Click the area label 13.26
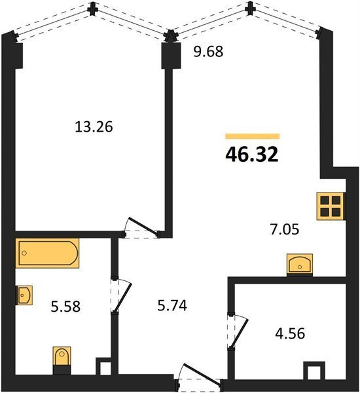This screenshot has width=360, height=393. tap(94, 126)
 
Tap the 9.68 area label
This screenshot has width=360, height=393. tap(208, 52)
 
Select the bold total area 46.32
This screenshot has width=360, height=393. tap(252, 155)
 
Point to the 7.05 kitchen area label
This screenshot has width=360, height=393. tap(285, 229)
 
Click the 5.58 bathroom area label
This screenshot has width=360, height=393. tap(65, 307)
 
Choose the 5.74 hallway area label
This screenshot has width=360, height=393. tap(172, 306)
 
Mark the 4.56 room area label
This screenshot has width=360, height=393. tap(290, 333)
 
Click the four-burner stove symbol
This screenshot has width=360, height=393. tap(331, 206)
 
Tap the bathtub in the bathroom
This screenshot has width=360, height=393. tap(47, 253)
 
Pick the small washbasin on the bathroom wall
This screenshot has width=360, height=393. tap(25, 295)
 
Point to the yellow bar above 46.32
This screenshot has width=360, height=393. tap(252, 136)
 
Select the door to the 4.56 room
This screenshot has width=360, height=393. tap(238, 331)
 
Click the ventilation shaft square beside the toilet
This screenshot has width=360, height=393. tap(103, 366)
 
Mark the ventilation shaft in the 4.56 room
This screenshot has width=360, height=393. tap(314, 371)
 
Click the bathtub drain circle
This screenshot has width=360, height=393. tap(24, 253)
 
